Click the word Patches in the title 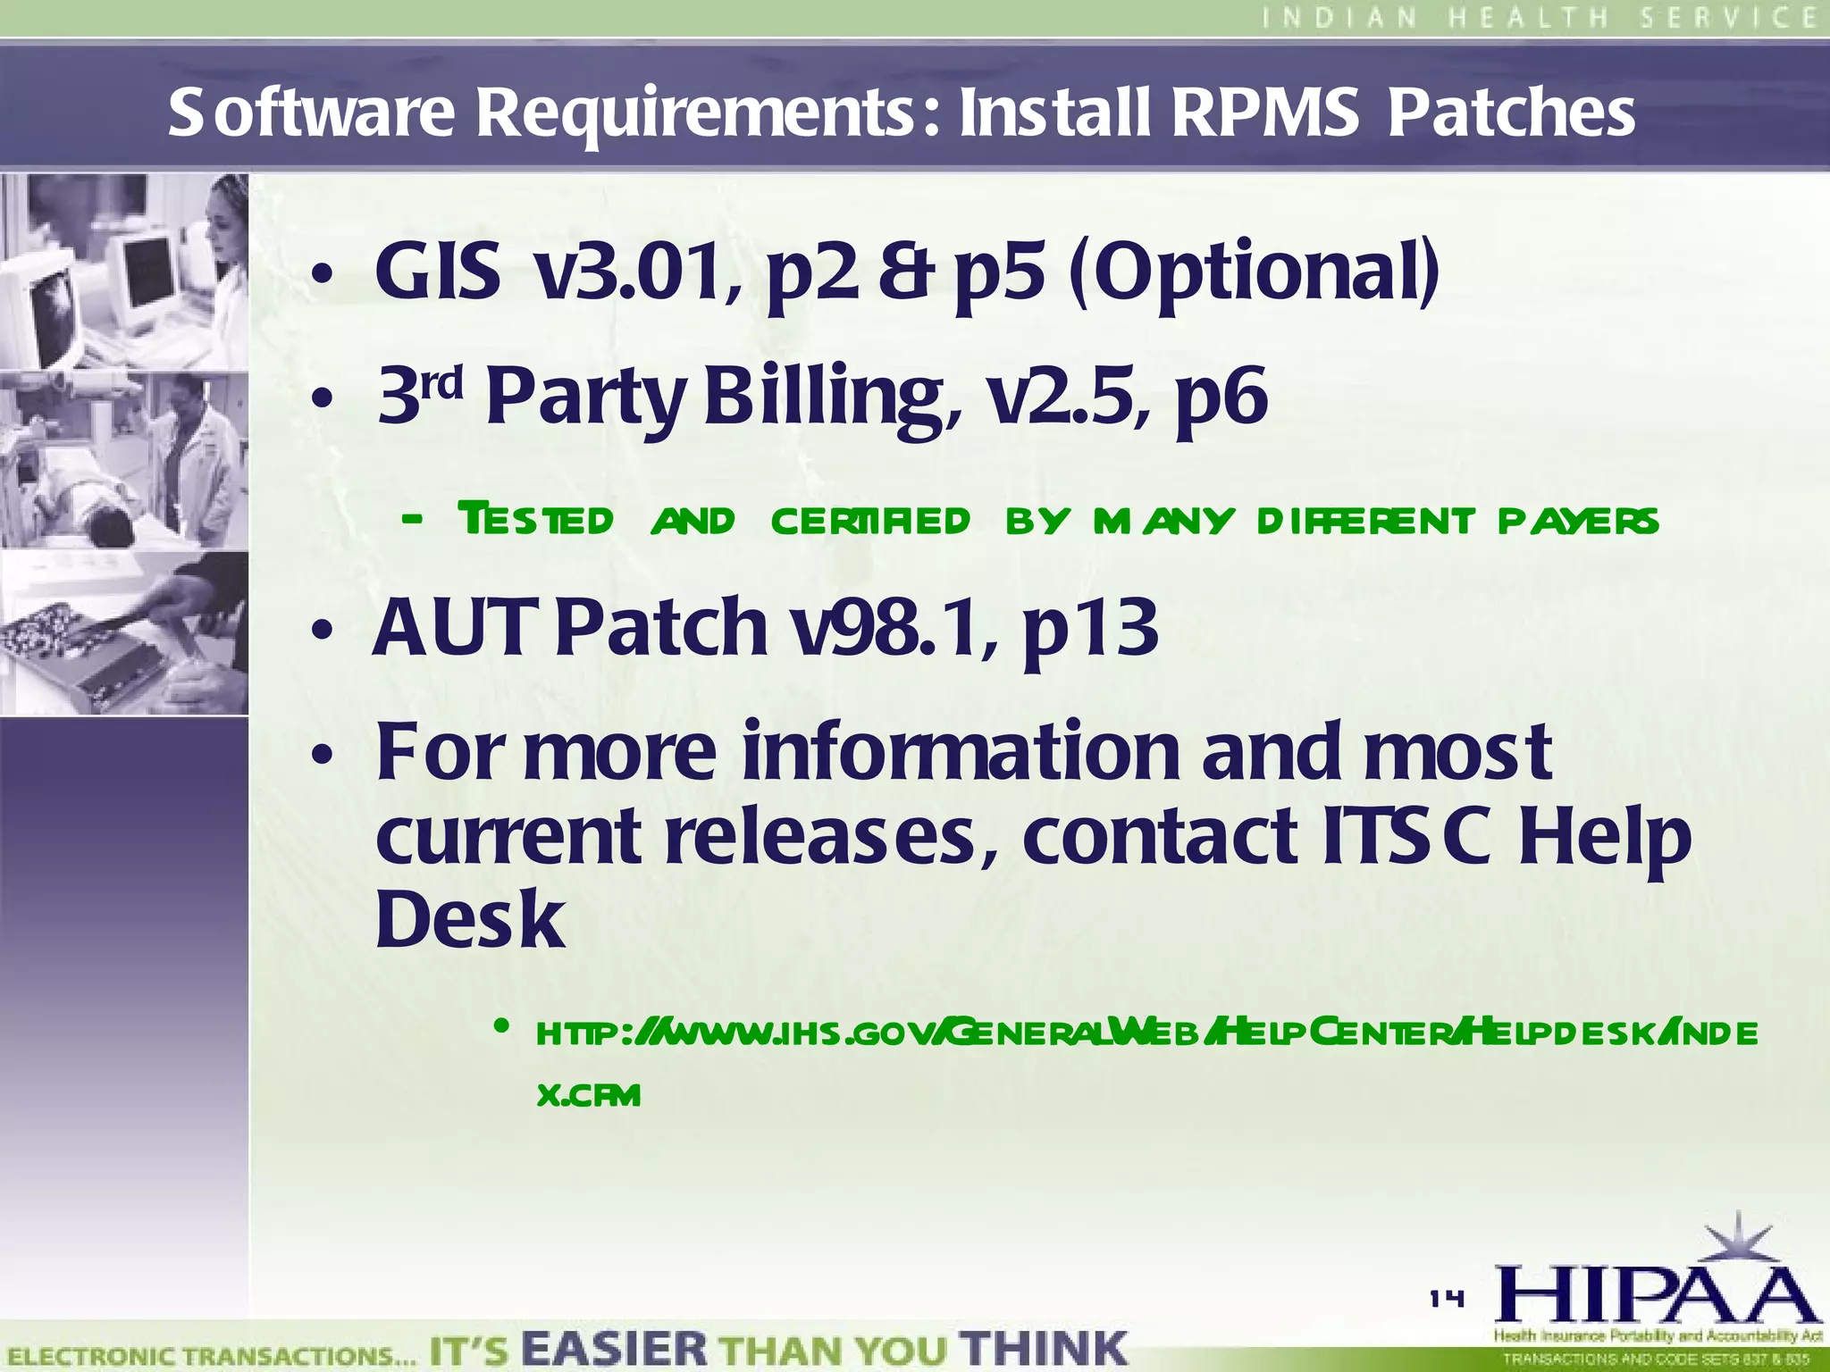pyautogui.click(x=1511, y=113)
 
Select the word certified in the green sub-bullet pyautogui.click(x=870, y=520)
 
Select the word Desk pyautogui.click(x=470, y=919)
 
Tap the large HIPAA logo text pyautogui.click(x=1658, y=1295)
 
